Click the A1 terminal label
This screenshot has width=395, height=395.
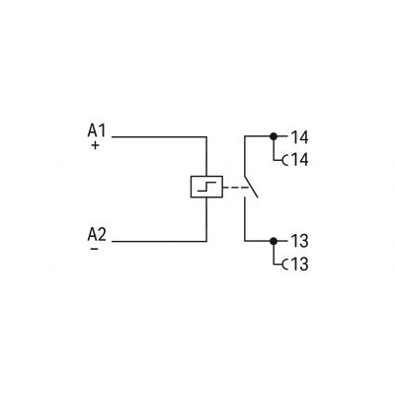click(x=97, y=130)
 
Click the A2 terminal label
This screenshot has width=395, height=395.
click(x=97, y=235)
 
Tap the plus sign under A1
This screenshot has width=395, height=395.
click(x=95, y=145)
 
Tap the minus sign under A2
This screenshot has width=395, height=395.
click(x=94, y=249)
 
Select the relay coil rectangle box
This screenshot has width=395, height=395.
click(x=206, y=187)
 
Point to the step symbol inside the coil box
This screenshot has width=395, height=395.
click(x=206, y=187)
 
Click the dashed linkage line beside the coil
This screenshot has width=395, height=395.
click(x=236, y=188)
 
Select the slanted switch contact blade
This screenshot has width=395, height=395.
click(x=251, y=186)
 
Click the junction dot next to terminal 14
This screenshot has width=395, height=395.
click(x=274, y=136)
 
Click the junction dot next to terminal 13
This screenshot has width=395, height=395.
click(x=274, y=241)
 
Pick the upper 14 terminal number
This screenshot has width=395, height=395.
click(x=299, y=137)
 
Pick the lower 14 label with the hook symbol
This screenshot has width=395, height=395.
click(x=295, y=160)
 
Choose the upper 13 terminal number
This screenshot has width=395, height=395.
click(x=299, y=241)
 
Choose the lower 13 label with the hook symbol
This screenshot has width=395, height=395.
click(x=295, y=264)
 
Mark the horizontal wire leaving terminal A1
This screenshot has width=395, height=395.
click(x=159, y=136)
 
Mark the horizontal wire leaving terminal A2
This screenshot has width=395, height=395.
click(x=159, y=241)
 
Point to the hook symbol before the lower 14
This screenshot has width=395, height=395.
click(x=284, y=161)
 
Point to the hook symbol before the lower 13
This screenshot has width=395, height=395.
click(x=284, y=265)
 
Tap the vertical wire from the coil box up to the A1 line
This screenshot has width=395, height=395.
click(x=206, y=156)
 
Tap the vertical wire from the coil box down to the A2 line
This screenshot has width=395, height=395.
click(x=206, y=219)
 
